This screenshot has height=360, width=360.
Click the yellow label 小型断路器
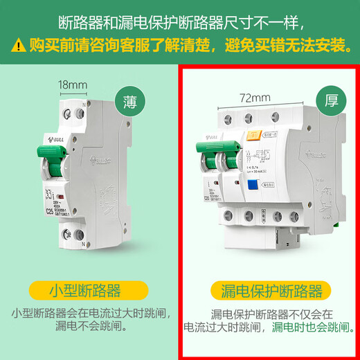(x=84, y=289)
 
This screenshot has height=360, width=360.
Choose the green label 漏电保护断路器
(x=267, y=289)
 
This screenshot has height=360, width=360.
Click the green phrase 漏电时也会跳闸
(x=309, y=327)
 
